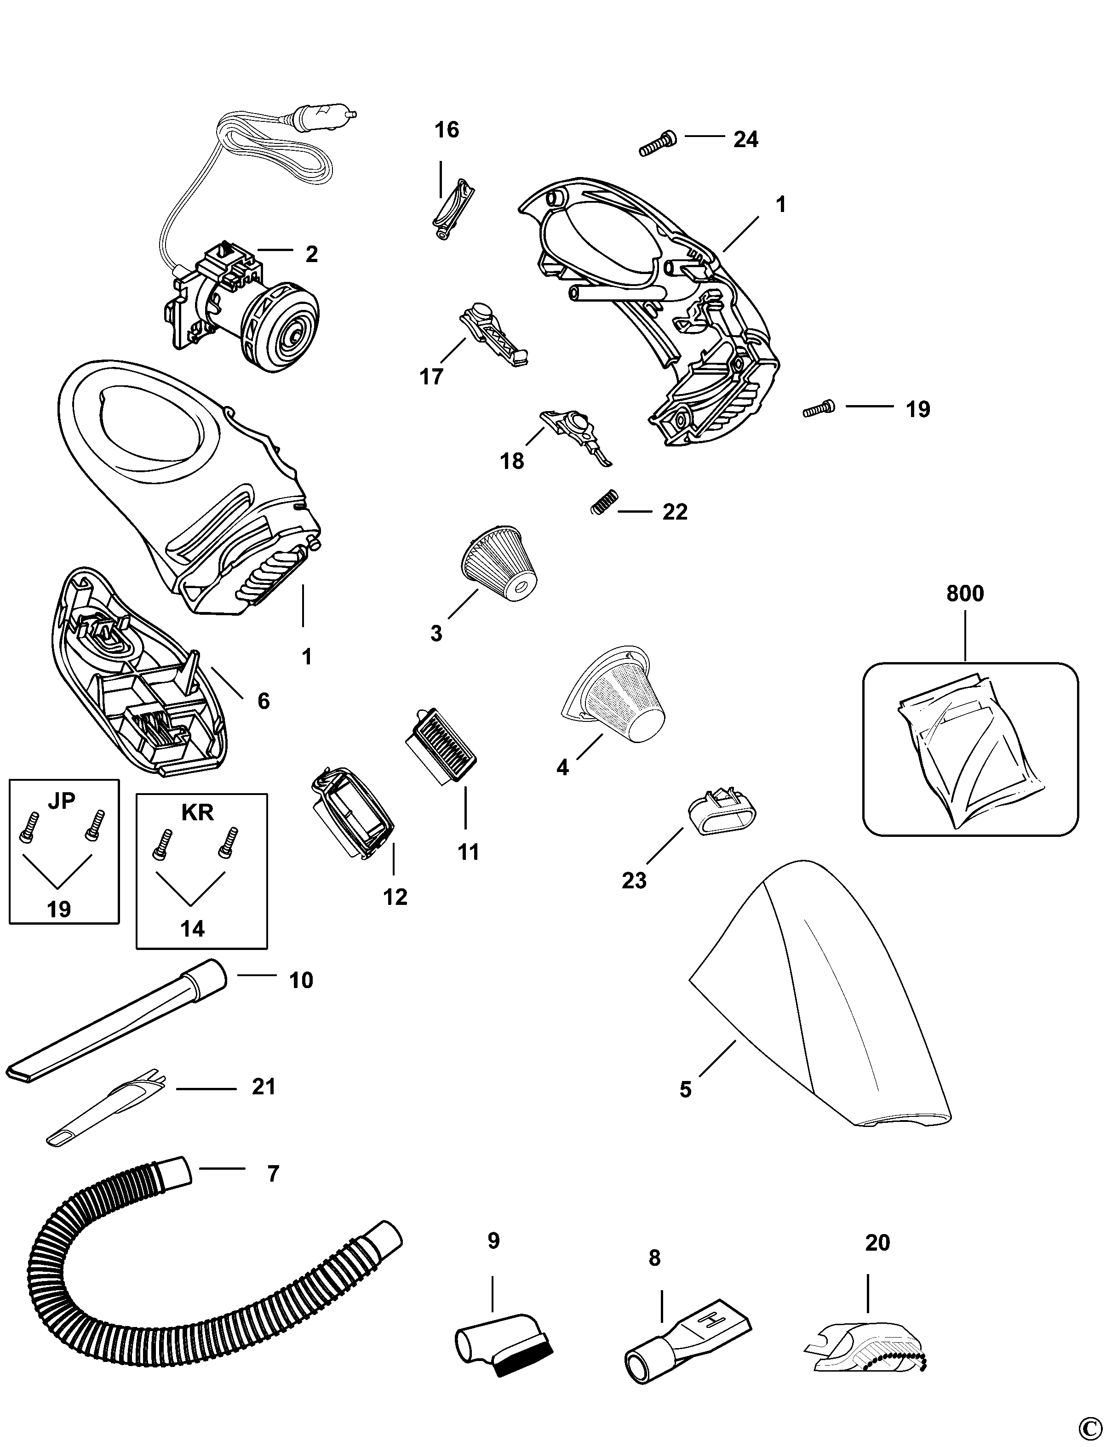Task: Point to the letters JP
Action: pyautogui.click(x=62, y=800)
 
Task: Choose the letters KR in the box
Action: pyautogui.click(x=197, y=812)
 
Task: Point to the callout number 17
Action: pyautogui.click(x=431, y=377)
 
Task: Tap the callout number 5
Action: pyautogui.click(x=685, y=1090)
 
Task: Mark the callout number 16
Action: pyautogui.click(x=447, y=130)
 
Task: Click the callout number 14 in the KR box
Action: pyautogui.click(x=192, y=928)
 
